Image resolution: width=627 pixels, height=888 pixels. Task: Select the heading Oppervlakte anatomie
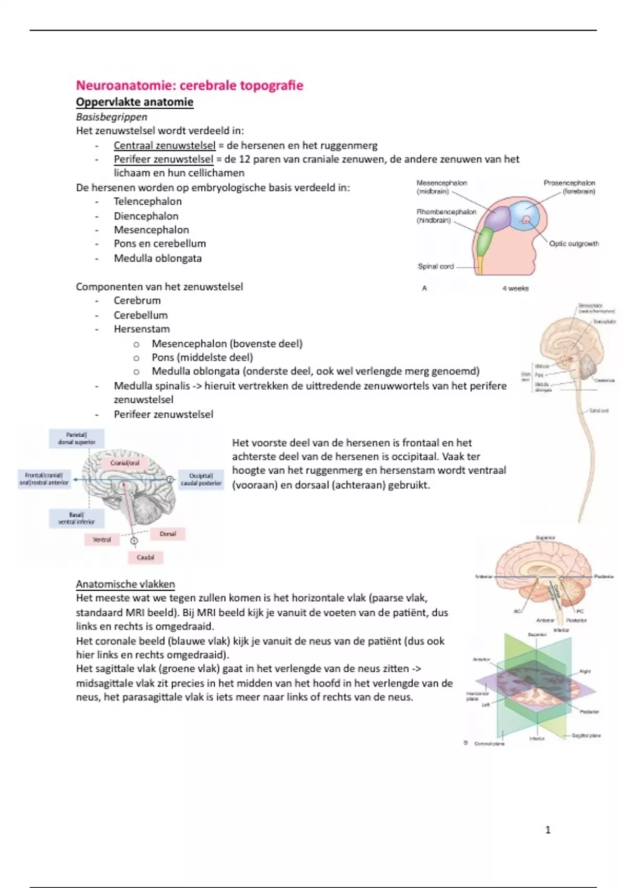[x=134, y=102]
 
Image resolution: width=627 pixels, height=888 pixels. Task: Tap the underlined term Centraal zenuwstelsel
[x=164, y=146]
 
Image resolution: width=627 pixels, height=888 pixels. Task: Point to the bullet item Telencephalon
[x=147, y=202]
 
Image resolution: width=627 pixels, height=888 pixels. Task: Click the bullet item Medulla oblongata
[x=157, y=258]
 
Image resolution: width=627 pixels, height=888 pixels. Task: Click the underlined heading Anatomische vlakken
[x=125, y=584]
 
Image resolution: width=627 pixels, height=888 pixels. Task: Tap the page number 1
[x=548, y=830]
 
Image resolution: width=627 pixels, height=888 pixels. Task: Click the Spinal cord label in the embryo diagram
[x=436, y=266]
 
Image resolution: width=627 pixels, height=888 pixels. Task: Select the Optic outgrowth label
[x=574, y=244]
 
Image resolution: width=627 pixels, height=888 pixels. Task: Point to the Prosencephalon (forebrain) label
[x=569, y=187]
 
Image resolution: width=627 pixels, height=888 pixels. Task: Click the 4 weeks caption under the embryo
[x=515, y=288]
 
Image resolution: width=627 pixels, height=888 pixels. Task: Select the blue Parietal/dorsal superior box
[x=77, y=438]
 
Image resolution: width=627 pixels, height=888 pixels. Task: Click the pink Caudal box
[x=145, y=557]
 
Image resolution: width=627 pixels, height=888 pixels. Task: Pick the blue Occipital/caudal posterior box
[x=201, y=480]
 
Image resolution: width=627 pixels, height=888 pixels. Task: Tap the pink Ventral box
[x=102, y=540]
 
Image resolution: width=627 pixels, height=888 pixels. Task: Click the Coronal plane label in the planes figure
[x=489, y=744]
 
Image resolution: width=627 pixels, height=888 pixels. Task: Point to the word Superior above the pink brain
[x=545, y=538]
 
